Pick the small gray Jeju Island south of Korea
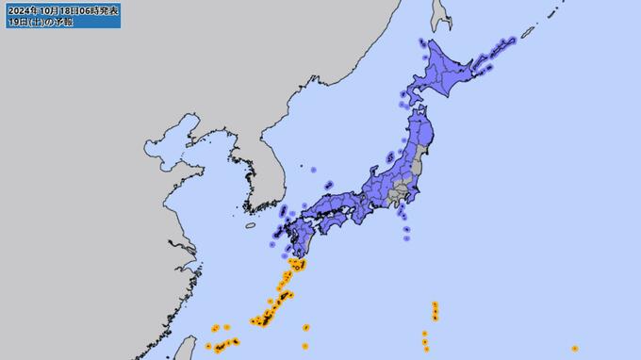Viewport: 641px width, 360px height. point(250,225)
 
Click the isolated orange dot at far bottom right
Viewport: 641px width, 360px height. point(575,349)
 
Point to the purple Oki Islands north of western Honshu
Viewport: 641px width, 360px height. point(327,184)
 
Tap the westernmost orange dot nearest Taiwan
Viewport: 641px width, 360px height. point(208,346)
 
